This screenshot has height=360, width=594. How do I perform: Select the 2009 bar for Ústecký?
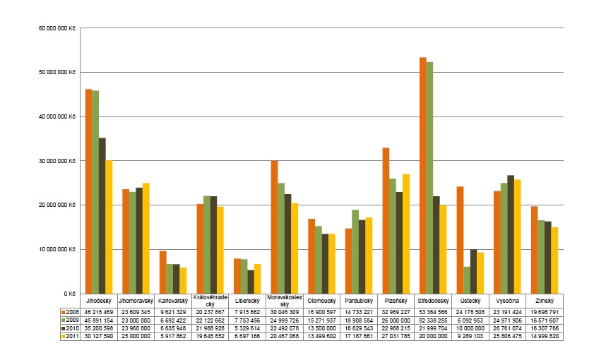(467, 280)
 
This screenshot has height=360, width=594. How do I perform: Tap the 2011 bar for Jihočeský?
(109, 227)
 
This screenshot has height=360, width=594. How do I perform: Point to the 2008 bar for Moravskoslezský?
(274, 227)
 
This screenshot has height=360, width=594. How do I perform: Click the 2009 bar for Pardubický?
(355, 251)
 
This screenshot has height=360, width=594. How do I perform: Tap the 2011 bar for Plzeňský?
(405, 234)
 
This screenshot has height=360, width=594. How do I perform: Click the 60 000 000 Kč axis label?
(58, 29)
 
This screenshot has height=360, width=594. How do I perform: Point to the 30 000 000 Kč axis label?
(58, 161)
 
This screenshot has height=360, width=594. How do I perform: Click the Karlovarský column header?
(172, 300)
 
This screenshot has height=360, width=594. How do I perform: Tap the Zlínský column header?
(545, 300)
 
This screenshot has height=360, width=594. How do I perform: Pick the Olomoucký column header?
(321, 300)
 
